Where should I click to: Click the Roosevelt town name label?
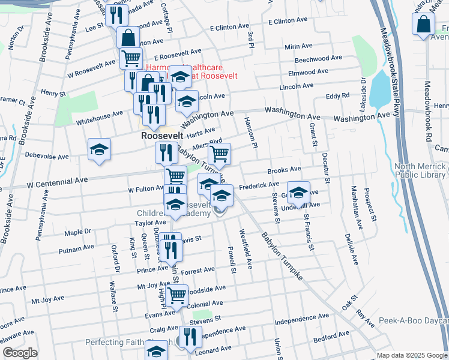tap(161, 136)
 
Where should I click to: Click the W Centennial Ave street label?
tap(58, 179)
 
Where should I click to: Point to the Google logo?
tap(20, 353)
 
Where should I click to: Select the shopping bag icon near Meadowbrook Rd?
tap(423, 24)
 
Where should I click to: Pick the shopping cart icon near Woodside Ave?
tap(176, 295)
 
